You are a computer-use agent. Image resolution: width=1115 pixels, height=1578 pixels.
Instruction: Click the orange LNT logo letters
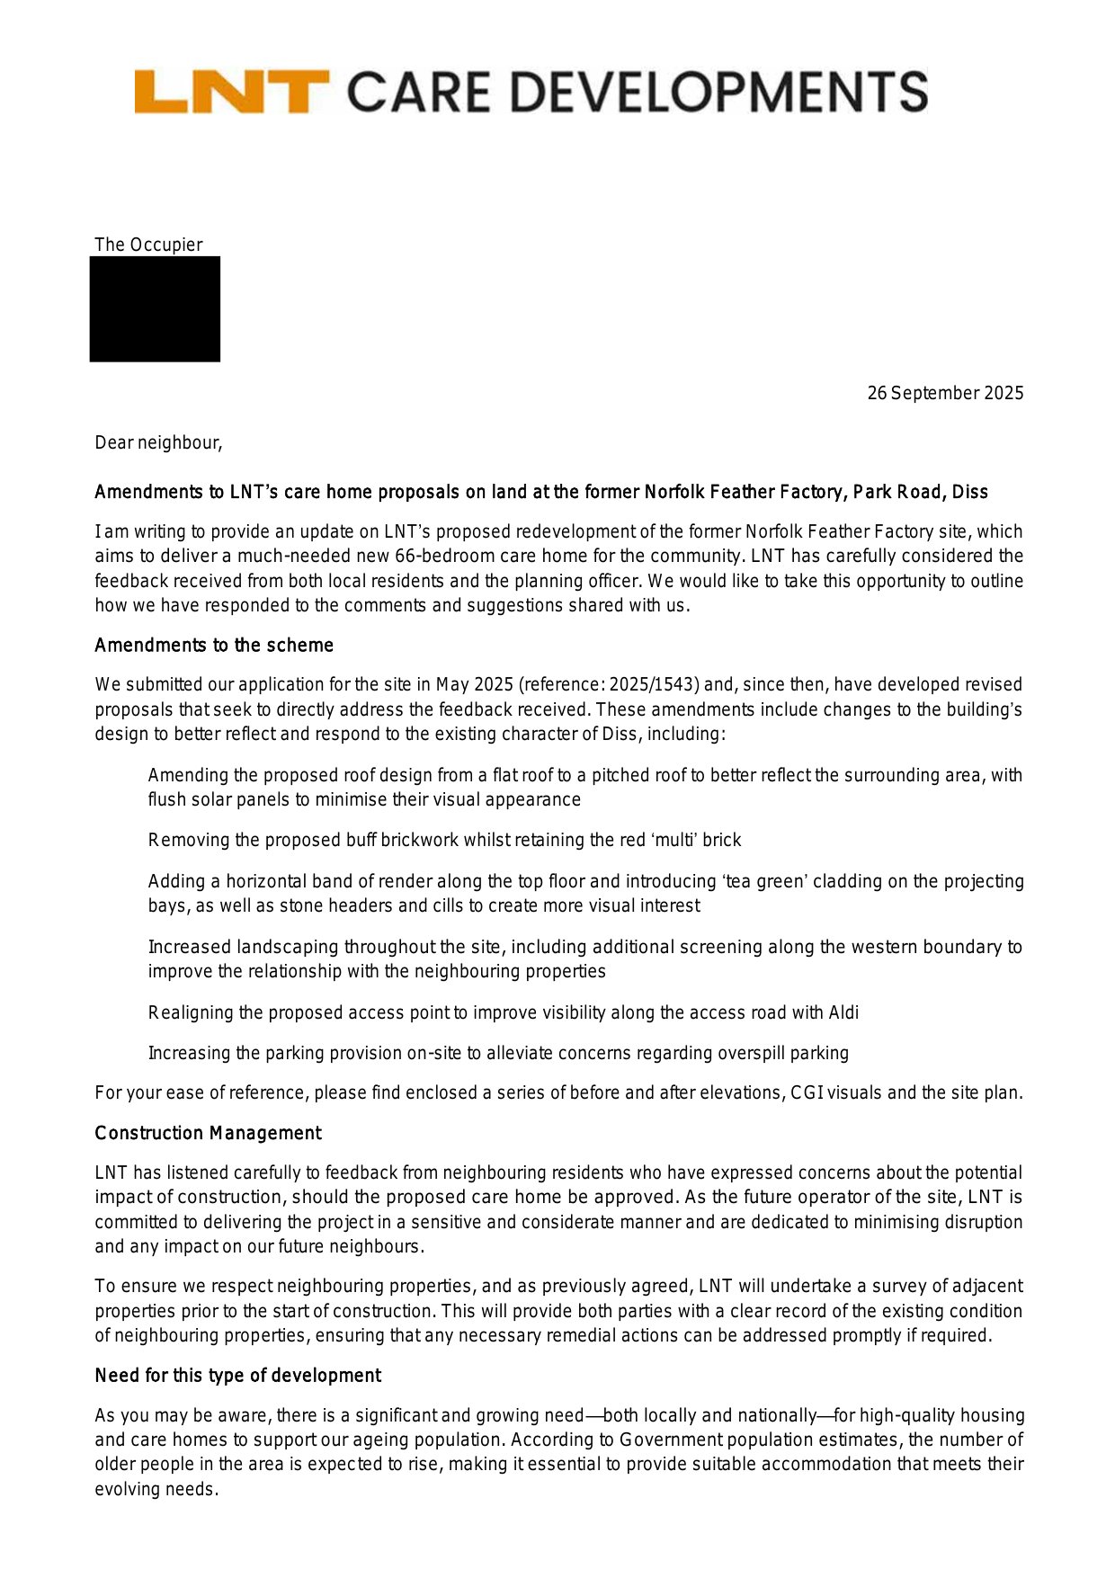(231, 92)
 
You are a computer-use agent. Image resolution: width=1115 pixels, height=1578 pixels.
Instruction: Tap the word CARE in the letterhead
(418, 93)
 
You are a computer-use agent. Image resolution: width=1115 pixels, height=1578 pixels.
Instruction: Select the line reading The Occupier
(148, 245)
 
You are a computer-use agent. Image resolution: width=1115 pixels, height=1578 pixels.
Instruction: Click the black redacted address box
(155, 309)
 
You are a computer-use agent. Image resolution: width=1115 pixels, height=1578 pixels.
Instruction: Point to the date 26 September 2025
(945, 393)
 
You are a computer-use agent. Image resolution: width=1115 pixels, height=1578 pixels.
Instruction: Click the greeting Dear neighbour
(158, 442)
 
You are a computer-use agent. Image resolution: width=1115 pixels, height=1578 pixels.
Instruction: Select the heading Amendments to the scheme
(214, 646)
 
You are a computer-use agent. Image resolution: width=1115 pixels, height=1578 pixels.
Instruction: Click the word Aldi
(843, 1012)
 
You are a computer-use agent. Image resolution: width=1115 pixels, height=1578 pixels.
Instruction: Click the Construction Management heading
(208, 1133)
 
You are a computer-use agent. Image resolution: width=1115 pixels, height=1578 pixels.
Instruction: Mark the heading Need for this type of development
(237, 1376)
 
